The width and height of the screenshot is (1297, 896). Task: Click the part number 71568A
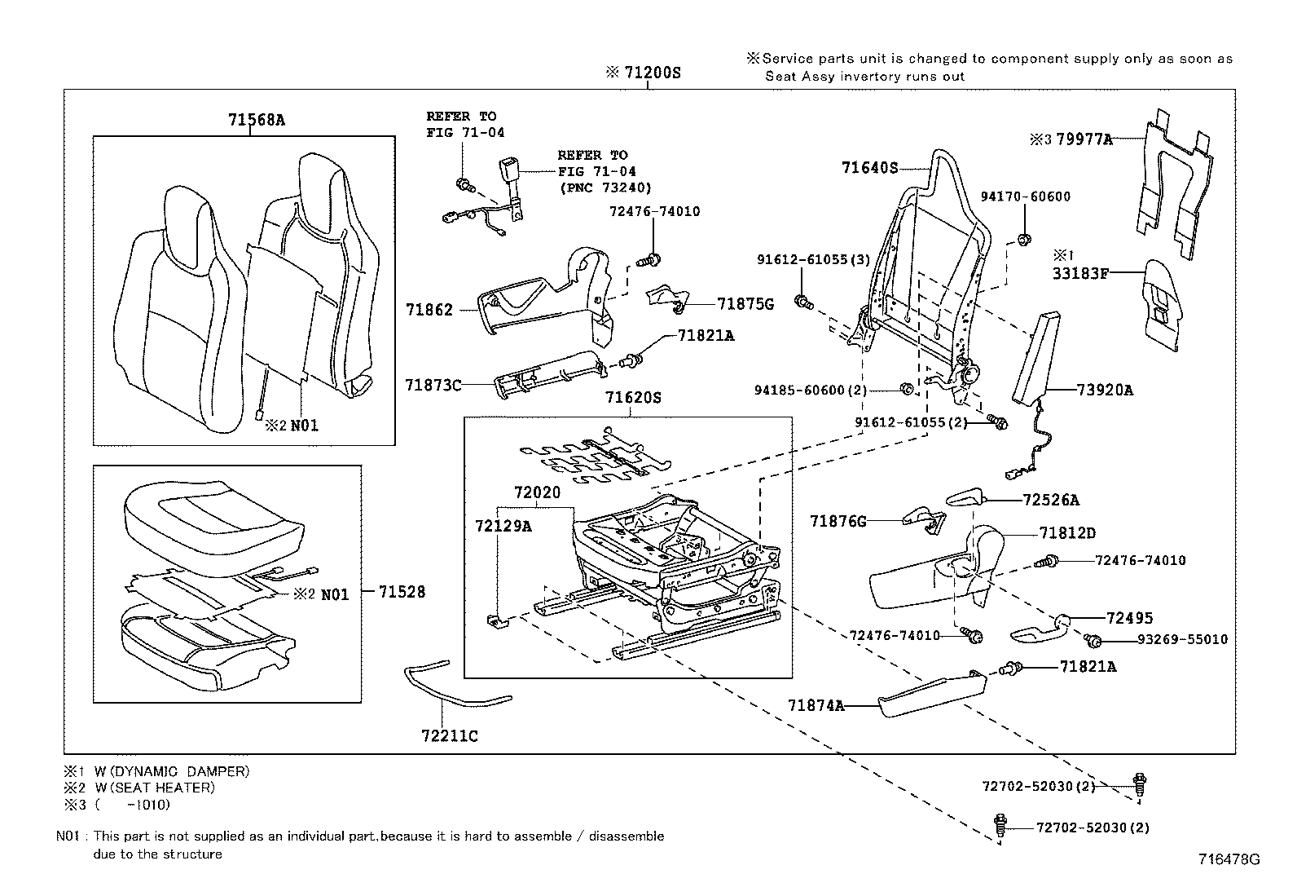[257, 120]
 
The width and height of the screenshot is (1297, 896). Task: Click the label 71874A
[816, 705]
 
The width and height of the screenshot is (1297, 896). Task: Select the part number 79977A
[1084, 139]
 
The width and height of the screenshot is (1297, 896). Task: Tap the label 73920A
[1105, 390]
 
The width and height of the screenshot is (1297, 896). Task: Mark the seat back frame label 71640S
[869, 168]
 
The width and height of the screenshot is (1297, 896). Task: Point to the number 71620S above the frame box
[633, 399]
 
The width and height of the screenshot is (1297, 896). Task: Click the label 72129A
[503, 527]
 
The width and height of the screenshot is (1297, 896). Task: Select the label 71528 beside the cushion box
[402, 593]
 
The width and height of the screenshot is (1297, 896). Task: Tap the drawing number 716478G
[1229, 860]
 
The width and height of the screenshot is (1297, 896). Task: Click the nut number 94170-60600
[1025, 196]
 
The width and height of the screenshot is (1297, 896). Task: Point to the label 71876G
[838, 520]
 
